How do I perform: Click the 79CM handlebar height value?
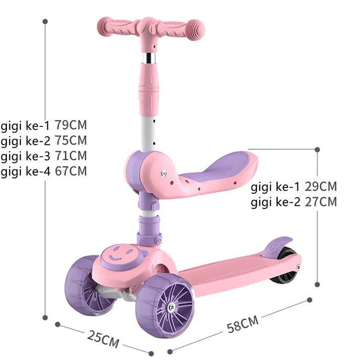(71, 125)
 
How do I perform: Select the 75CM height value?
(71, 140)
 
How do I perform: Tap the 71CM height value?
(71, 156)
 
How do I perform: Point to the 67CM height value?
(71, 171)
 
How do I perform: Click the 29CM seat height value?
(321, 186)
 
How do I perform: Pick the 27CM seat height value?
(321, 202)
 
